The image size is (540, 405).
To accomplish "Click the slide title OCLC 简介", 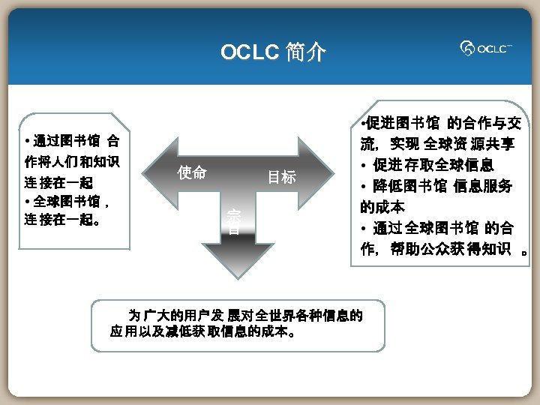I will pyautogui.click(x=273, y=52).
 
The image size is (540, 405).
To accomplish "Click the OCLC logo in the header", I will pyautogui.click(x=486, y=49).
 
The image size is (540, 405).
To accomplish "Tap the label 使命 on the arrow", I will pyautogui.click(x=192, y=172).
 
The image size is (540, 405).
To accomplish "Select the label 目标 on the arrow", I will pyautogui.click(x=282, y=178).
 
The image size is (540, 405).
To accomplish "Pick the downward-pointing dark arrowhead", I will pyautogui.click(x=233, y=262).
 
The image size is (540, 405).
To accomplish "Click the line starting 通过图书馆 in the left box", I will pyautogui.click(x=71, y=141).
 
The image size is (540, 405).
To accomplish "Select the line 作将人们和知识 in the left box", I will pyautogui.click(x=72, y=161).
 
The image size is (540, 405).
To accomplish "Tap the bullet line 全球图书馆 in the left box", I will pyautogui.click(x=67, y=201).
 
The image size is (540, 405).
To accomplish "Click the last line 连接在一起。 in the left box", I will pyautogui.click(x=64, y=220).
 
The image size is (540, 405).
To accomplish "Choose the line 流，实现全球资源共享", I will pyautogui.click(x=436, y=143).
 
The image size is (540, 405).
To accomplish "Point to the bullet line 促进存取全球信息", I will pyautogui.click(x=435, y=164).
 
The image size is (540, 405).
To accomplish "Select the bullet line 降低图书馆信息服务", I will pyautogui.click(x=436, y=185).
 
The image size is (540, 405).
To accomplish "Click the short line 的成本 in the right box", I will pyautogui.click(x=382, y=206).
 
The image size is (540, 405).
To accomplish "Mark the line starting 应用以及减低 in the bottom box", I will pyautogui.click(x=202, y=331).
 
